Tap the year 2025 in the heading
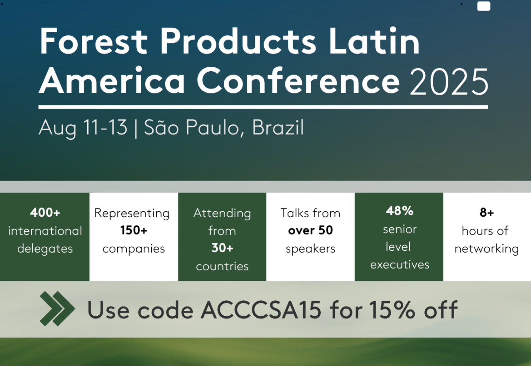[x=449, y=81]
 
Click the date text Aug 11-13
[x=83, y=128]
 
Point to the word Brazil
[x=278, y=127]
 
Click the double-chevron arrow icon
[x=57, y=309]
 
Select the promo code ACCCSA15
[x=261, y=310]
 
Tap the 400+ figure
[x=45, y=212]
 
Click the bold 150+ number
[x=134, y=230]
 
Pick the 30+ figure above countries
[x=222, y=248]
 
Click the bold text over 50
[x=310, y=230]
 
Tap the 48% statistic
[x=400, y=210]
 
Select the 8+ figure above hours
[x=487, y=212]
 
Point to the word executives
[x=400, y=265]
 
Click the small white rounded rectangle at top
[x=484, y=6]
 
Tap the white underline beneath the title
[x=263, y=107]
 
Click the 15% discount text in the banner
[x=392, y=310]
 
